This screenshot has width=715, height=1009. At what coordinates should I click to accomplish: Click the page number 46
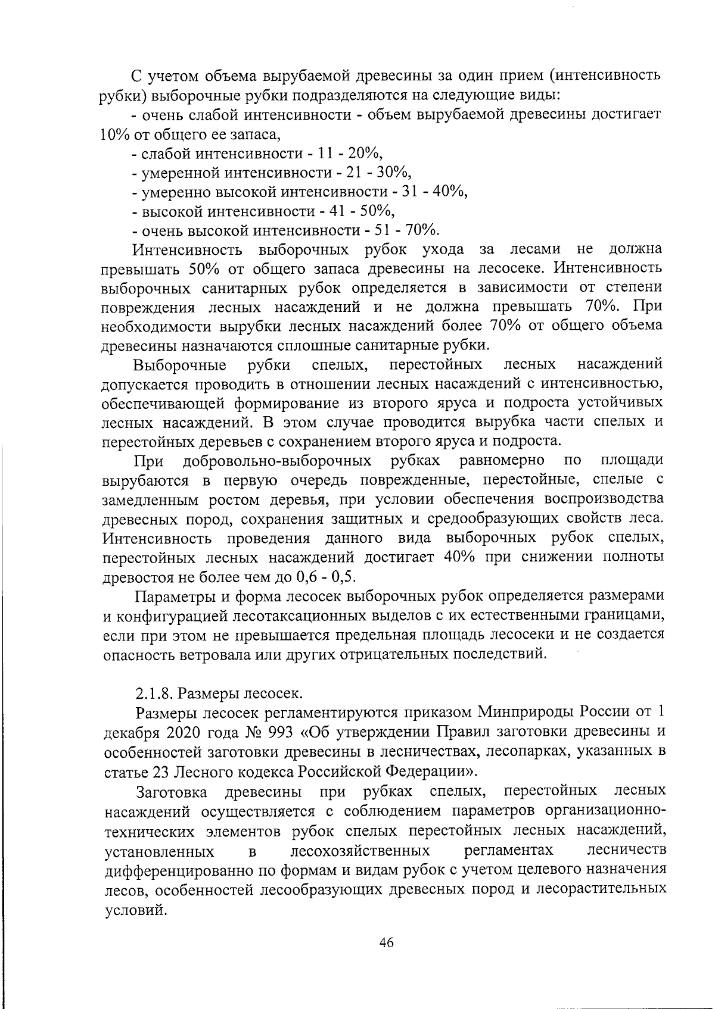(386, 943)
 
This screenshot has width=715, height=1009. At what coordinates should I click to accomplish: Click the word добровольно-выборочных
(277, 461)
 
